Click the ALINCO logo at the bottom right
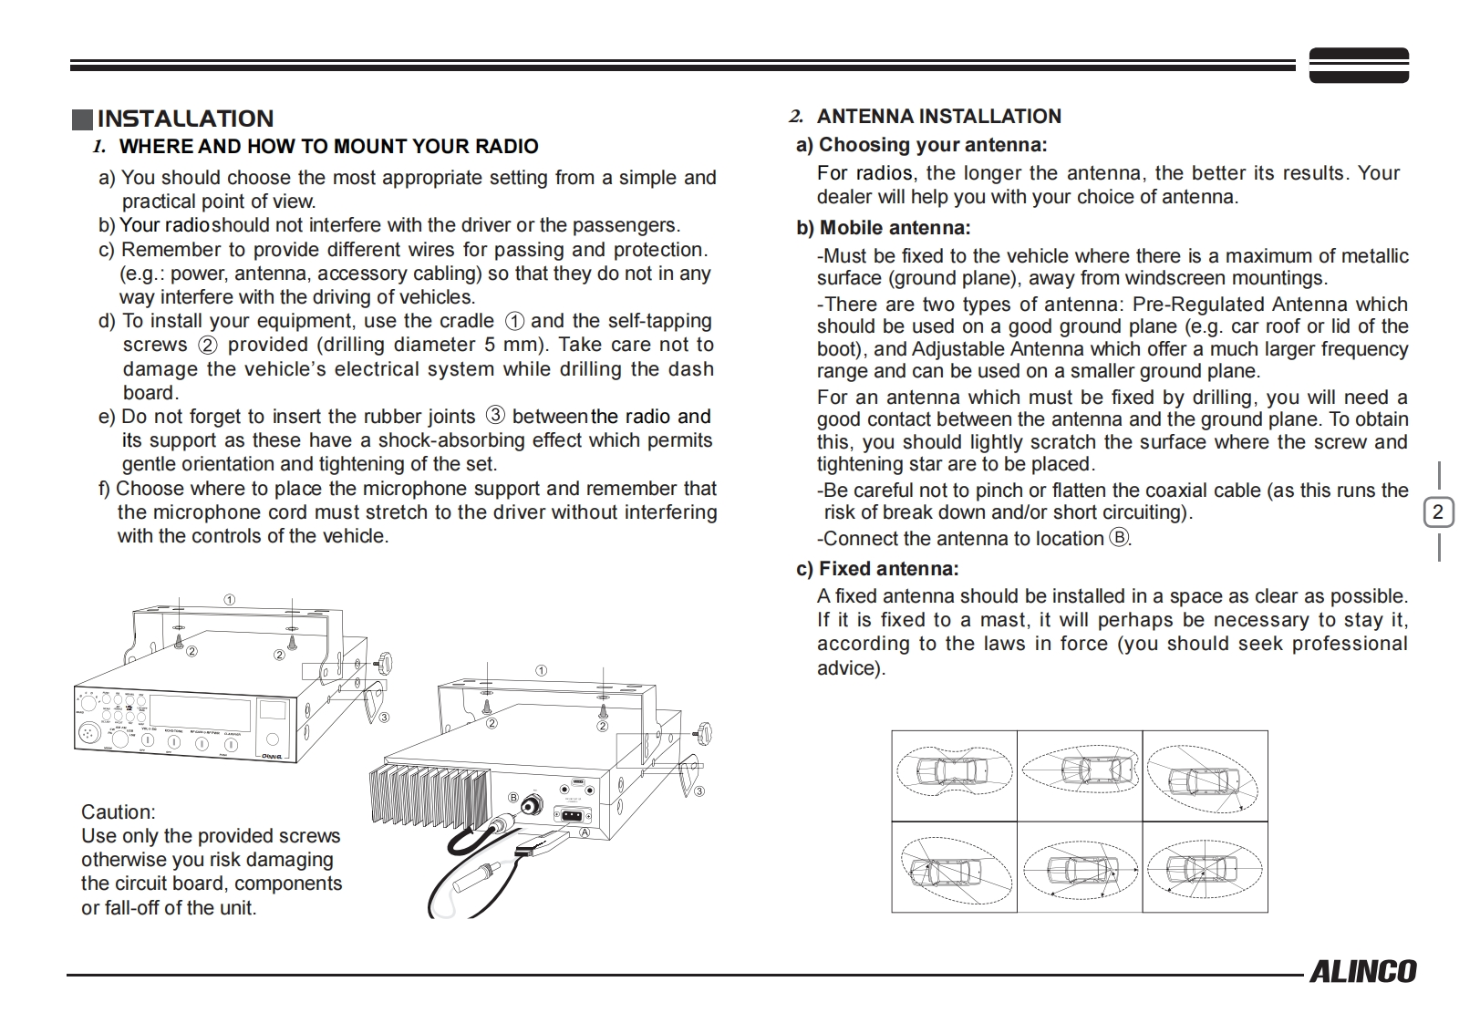[x=1362, y=972]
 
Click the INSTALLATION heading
[x=185, y=119]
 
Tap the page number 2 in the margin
[x=1438, y=511]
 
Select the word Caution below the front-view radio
[x=118, y=811]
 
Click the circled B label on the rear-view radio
[x=513, y=798]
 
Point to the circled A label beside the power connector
[x=585, y=832]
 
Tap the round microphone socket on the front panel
[x=88, y=731]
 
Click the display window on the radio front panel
[x=201, y=710]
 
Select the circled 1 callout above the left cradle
[x=230, y=599]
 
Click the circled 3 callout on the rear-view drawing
[x=699, y=790]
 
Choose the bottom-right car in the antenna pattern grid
[x=1205, y=866]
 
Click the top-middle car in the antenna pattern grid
[x=1080, y=772]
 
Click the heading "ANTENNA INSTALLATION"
[x=938, y=117]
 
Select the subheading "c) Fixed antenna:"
[x=877, y=569]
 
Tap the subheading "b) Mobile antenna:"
[x=883, y=228]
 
